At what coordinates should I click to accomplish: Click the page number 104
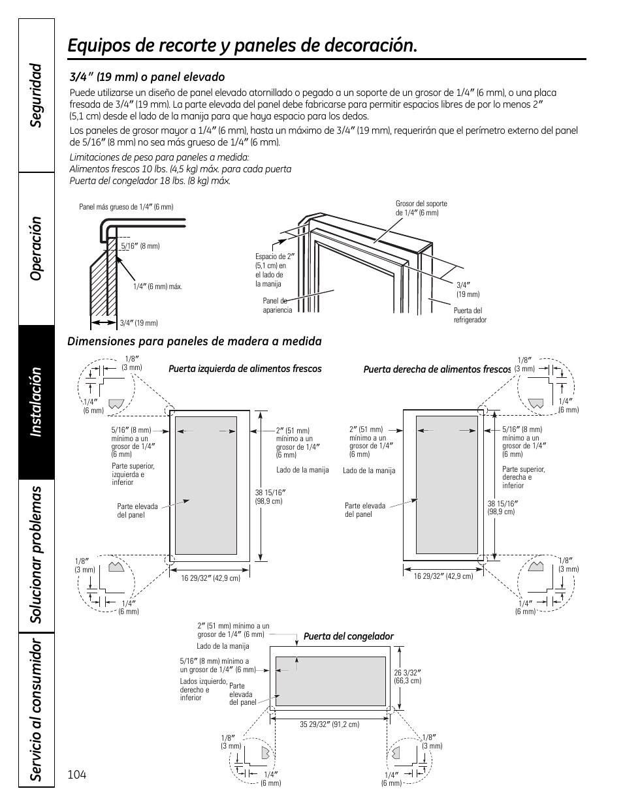click(x=76, y=775)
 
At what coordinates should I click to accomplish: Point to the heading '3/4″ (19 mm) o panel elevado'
click(x=147, y=77)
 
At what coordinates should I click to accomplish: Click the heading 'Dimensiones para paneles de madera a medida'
click(x=195, y=341)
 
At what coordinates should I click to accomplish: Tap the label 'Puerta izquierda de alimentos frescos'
click(x=245, y=369)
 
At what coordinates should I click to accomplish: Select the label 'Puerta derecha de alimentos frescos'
click(x=437, y=369)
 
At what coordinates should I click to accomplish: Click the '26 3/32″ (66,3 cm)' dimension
click(x=407, y=677)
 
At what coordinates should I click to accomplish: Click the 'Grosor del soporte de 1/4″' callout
click(x=421, y=208)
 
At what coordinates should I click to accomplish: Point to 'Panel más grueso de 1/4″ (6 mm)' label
click(x=126, y=207)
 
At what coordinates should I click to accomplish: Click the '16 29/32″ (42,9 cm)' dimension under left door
click(x=210, y=578)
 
